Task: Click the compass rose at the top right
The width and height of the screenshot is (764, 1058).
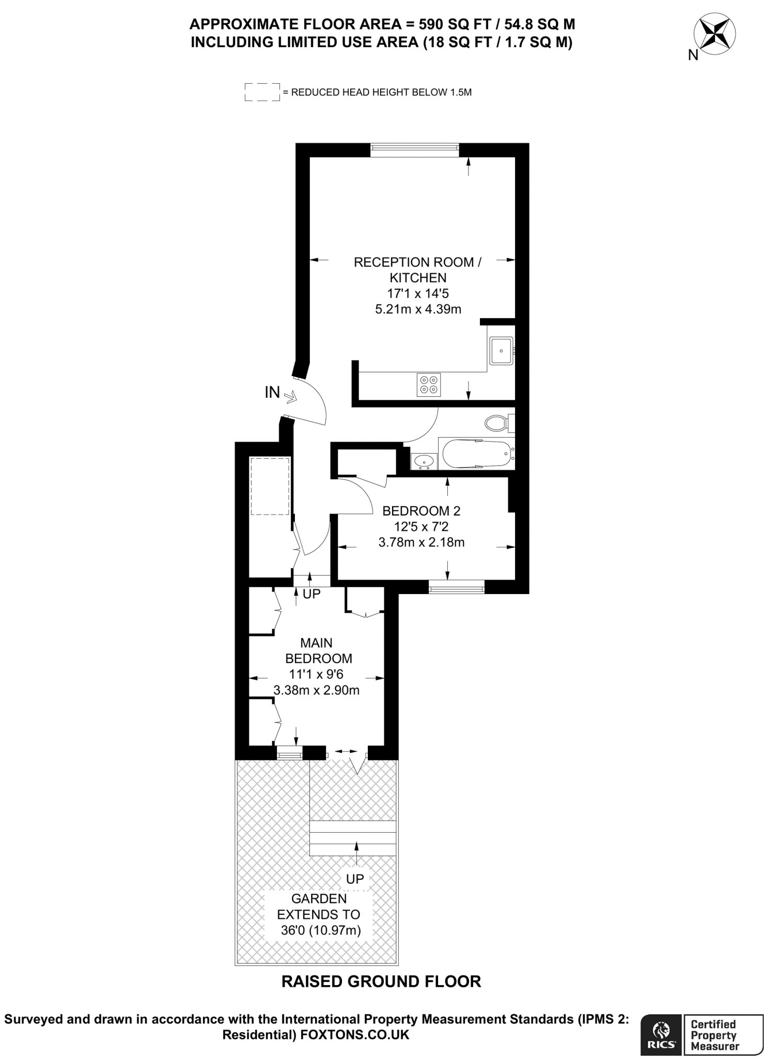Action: click(x=716, y=36)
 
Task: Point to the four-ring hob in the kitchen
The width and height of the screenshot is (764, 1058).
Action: click(x=429, y=384)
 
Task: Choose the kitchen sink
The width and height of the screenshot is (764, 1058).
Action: click(x=501, y=350)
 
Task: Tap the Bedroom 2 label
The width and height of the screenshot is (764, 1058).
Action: click(x=421, y=511)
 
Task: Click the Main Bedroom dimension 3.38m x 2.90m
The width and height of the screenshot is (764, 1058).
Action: click(x=316, y=690)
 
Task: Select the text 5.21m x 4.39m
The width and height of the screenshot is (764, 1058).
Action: click(x=417, y=309)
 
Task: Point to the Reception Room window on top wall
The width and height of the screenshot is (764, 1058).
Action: click(x=414, y=149)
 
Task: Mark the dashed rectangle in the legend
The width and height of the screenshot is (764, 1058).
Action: click(x=262, y=92)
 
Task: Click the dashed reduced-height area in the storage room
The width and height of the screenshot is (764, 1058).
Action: click(x=269, y=486)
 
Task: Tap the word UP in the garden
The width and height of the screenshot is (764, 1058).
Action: click(x=355, y=878)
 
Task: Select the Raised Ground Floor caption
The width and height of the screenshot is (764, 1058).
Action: click(x=381, y=981)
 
